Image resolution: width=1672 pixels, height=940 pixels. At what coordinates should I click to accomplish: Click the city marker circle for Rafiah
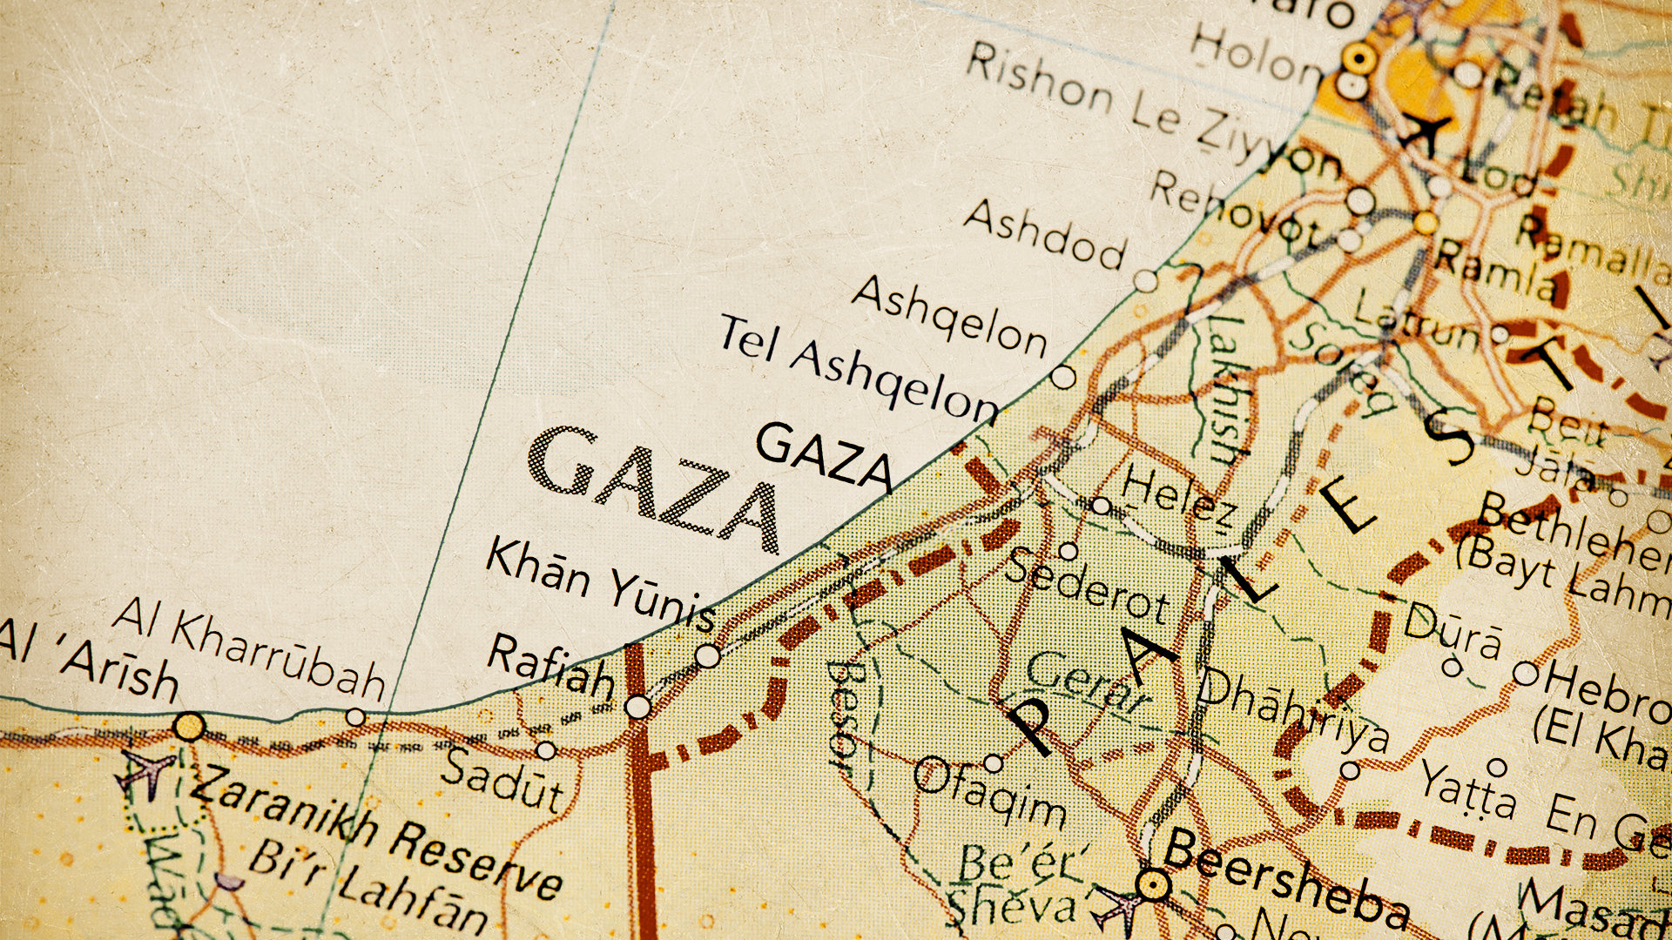click(x=638, y=707)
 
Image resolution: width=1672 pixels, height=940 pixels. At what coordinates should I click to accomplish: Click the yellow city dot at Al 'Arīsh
click(x=189, y=725)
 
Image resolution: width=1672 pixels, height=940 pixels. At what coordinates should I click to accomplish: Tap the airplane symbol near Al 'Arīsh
click(x=148, y=770)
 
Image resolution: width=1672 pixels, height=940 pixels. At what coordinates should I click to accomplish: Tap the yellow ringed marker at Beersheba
click(x=1153, y=886)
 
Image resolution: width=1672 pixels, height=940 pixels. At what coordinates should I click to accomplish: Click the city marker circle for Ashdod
click(x=1146, y=281)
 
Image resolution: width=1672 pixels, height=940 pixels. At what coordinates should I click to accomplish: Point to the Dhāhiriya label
click(x=1292, y=710)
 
